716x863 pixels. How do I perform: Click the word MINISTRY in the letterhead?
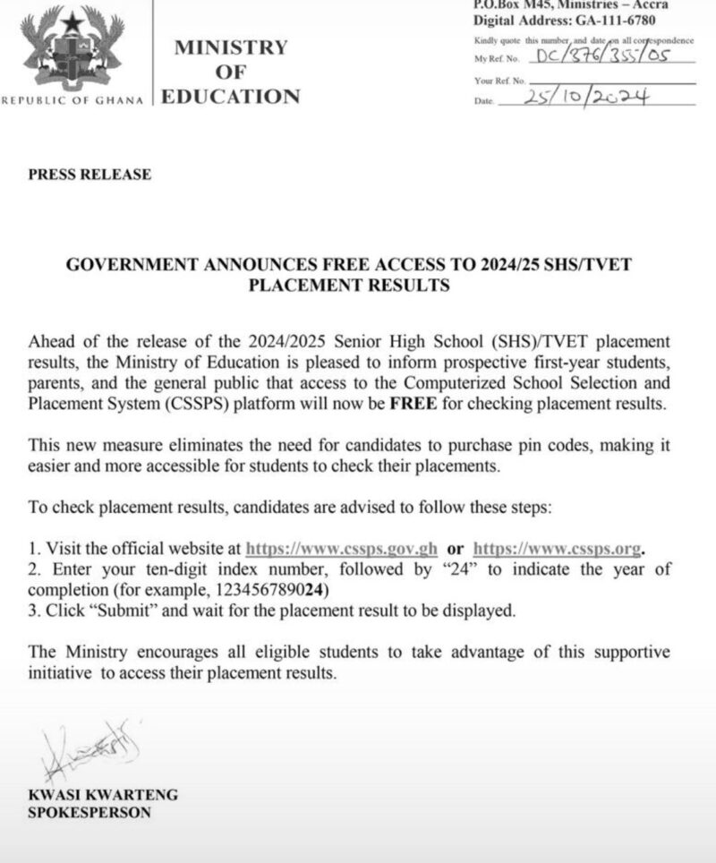point(231,47)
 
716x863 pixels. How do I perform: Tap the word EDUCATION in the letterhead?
point(231,98)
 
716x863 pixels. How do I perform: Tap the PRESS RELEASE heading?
point(90,175)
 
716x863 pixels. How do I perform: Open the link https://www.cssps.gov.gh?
point(341,549)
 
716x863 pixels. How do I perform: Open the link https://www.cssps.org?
point(558,549)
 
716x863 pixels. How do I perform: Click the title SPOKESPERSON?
point(89,813)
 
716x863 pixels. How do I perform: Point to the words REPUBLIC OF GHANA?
point(73,99)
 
